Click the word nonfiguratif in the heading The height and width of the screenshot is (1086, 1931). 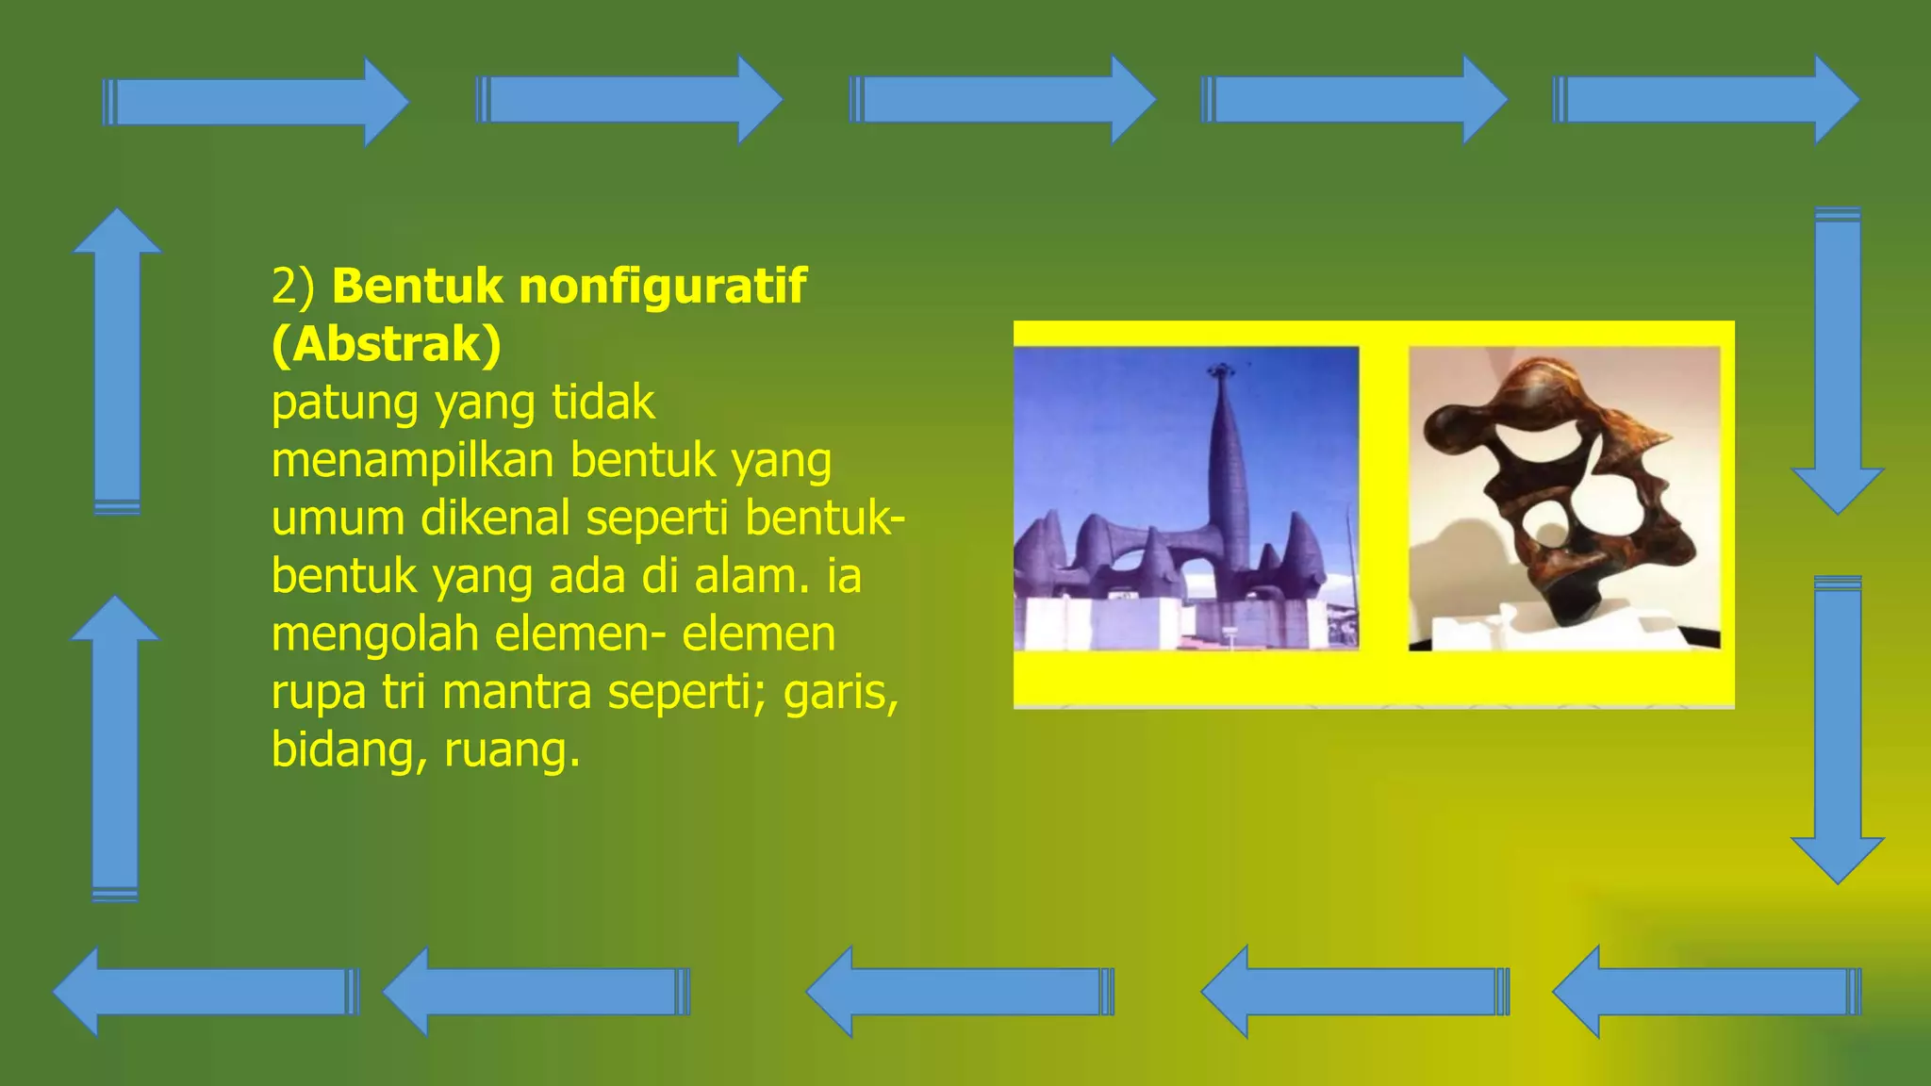click(662, 287)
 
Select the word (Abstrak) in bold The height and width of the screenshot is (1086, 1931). click(386, 344)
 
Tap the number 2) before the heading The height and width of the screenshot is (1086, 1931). click(293, 287)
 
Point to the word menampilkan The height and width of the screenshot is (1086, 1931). click(412, 461)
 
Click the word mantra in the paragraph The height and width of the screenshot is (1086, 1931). click(518, 692)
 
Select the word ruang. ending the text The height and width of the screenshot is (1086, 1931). click(511, 750)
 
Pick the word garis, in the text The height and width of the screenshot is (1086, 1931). click(841, 692)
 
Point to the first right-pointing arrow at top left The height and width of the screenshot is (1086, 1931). click(255, 102)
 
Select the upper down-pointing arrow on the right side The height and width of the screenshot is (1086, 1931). click(1837, 358)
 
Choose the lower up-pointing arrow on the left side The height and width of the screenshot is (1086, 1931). click(115, 749)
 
